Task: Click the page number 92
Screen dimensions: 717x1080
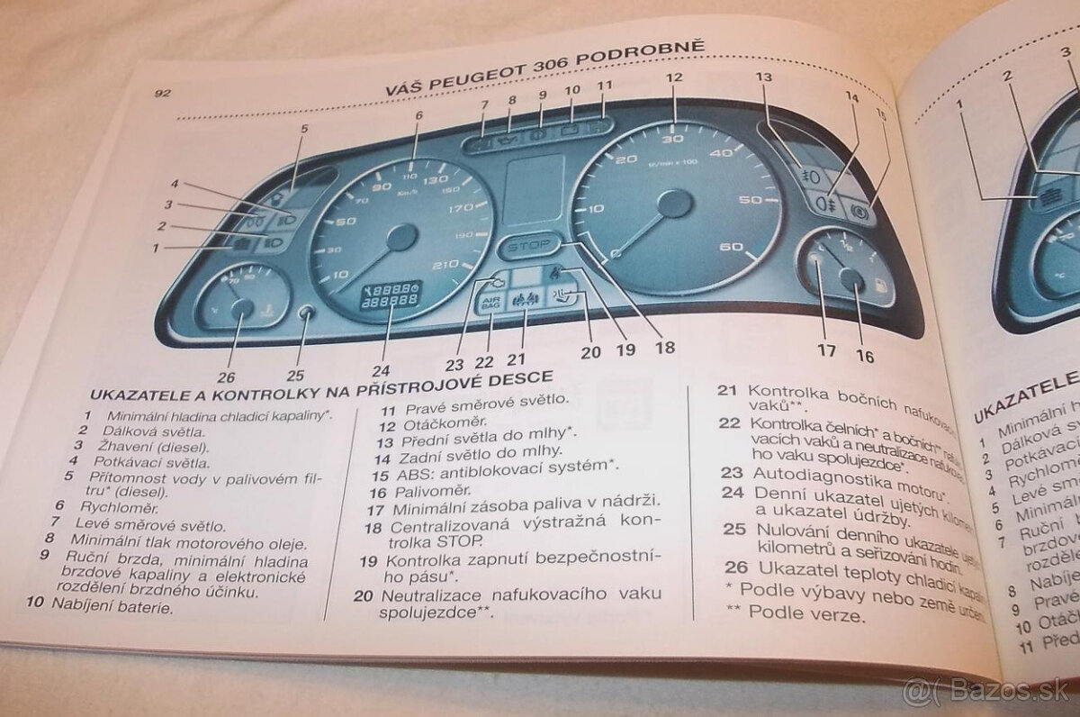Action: [x=163, y=93]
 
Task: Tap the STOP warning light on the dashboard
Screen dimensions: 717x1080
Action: [x=528, y=245]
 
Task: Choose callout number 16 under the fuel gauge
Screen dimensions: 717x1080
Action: [x=864, y=356]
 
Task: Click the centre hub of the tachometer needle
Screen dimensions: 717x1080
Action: [x=674, y=204]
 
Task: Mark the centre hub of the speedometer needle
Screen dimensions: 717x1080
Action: [x=401, y=238]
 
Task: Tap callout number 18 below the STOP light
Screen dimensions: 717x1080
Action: [x=664, y=345]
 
